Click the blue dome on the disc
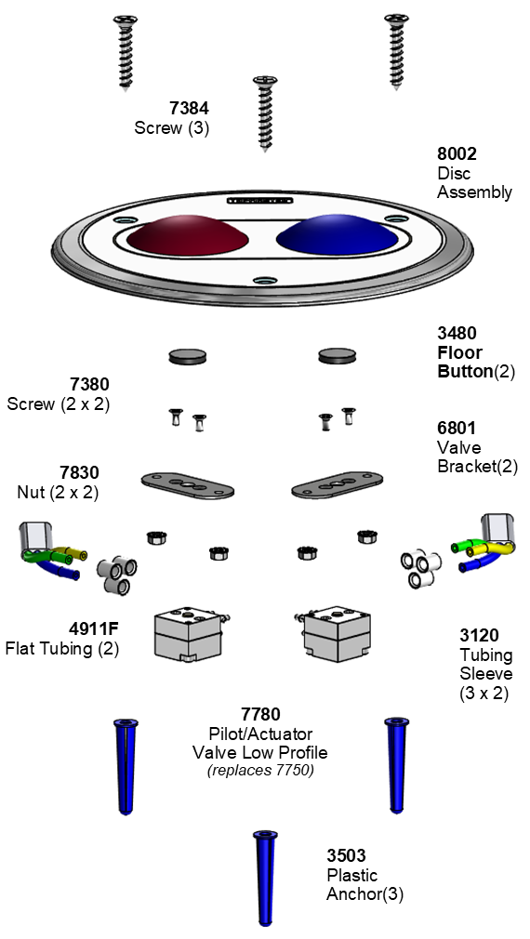[x=338, y=234]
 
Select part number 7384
[x=190, y=109]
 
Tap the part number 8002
[x=457, y=154]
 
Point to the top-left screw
[x=126, y=53]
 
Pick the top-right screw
[x=396, y=51]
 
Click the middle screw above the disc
[x=265, y=113]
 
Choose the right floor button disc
[x=337, y=356]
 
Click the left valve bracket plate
[x=188, y=484]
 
